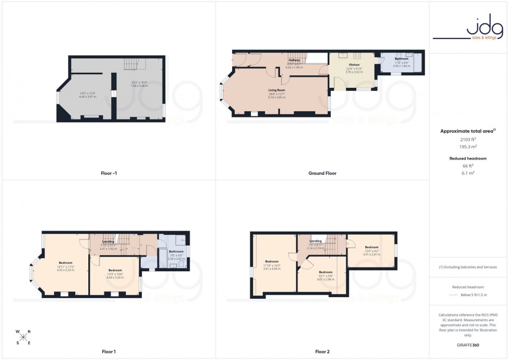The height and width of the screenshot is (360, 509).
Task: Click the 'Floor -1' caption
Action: pos(108,173)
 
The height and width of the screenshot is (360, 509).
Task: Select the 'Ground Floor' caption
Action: pos(322,173)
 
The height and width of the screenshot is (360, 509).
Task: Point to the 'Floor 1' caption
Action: pos(108,352)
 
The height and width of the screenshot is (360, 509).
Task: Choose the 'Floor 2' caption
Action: pos(322,352)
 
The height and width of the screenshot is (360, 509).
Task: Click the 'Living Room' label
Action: pos(276,90)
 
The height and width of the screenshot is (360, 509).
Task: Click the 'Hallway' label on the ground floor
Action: pos(294,60)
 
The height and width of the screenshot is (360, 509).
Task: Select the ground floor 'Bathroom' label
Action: pos(401,59)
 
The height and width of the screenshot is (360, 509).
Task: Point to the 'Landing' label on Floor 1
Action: pos(108,242)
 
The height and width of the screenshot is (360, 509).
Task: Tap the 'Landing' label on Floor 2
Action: pos(315,241)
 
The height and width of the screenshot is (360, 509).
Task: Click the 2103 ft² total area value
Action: pos(468,140)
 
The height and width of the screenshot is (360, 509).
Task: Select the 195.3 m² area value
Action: pos(468,147)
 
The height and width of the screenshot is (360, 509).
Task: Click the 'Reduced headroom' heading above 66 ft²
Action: pos(468,158)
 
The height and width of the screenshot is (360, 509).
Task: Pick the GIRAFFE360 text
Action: pos(468,344)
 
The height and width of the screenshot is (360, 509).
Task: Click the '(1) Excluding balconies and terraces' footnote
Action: pos(468,267)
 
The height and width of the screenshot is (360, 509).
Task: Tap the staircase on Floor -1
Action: pos(131,64)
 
